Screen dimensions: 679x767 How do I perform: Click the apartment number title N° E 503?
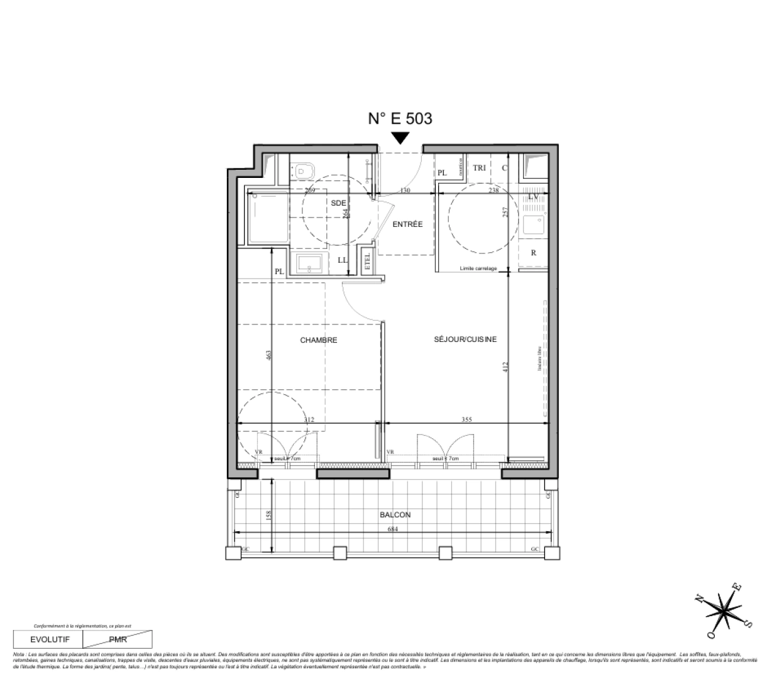point(400,118)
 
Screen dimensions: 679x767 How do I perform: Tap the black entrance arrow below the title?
point(400,138)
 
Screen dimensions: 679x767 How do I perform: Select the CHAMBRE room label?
point(318,340)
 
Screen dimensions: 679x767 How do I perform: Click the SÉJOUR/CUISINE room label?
point(465,339)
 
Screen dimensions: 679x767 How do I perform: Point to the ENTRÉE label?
point(407,224)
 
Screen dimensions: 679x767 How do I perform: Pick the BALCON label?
point(395,515)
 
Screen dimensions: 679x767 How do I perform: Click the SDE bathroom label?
point(338,202)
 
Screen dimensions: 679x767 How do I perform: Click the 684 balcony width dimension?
point(393,529)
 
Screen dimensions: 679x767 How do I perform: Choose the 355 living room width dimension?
point(466,419)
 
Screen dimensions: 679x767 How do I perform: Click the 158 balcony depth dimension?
point(268,516)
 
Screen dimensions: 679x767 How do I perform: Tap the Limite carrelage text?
point(478,268)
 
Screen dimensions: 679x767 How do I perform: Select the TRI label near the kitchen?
point(480,168)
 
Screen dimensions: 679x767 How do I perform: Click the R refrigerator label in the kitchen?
point(533,253)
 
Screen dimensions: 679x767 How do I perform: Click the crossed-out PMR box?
point(118,640)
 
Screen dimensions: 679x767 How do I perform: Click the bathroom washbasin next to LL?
point(309,263)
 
